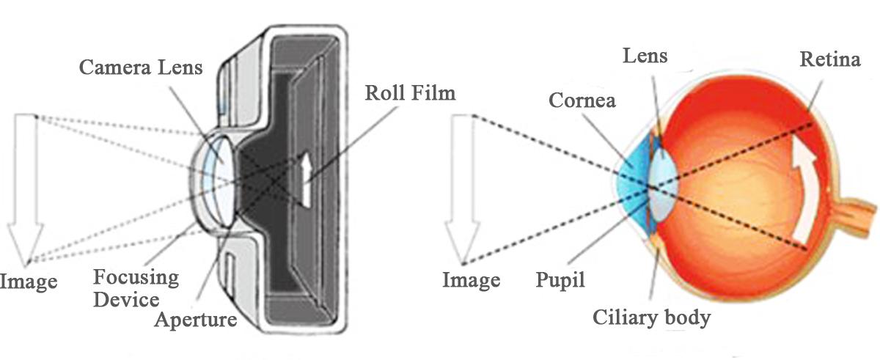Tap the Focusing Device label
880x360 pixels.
click(x=136, y=279)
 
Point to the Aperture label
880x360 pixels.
click(x=196, y=320)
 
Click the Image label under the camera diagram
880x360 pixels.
click(x=28, y=281)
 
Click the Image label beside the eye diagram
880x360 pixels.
click(x=471, y=279)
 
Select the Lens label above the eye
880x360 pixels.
click(x=645, y=55)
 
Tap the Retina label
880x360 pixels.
click(x=830, y=59)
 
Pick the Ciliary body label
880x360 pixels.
click(x=651, y=318)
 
